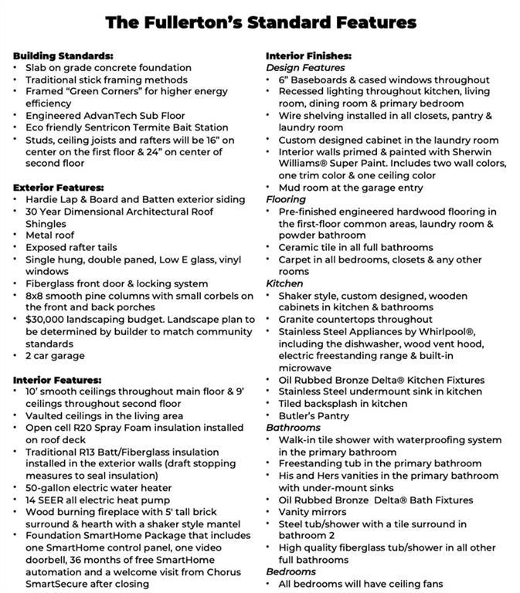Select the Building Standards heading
coord(63,56)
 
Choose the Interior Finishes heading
coord(309,56)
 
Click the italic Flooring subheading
coord(287,199)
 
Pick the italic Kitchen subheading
coord(284,283)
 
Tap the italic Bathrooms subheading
coord(293,428)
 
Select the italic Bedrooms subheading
coord(291,571)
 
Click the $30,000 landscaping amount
coord(50,319)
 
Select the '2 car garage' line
coord(56,355)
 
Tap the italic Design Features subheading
coord(305,68)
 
